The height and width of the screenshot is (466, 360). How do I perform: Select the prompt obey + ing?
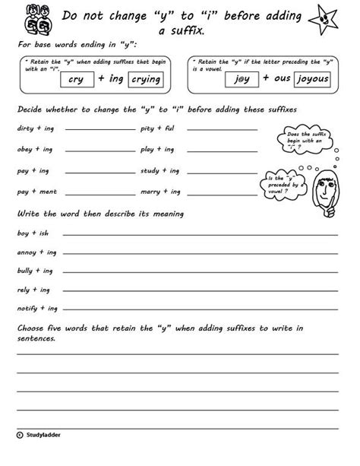32,150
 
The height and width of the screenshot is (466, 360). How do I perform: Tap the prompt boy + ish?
31,230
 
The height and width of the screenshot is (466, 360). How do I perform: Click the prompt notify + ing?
36,309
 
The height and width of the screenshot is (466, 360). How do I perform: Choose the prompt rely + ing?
32,290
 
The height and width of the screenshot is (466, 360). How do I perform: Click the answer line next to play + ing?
220,151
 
